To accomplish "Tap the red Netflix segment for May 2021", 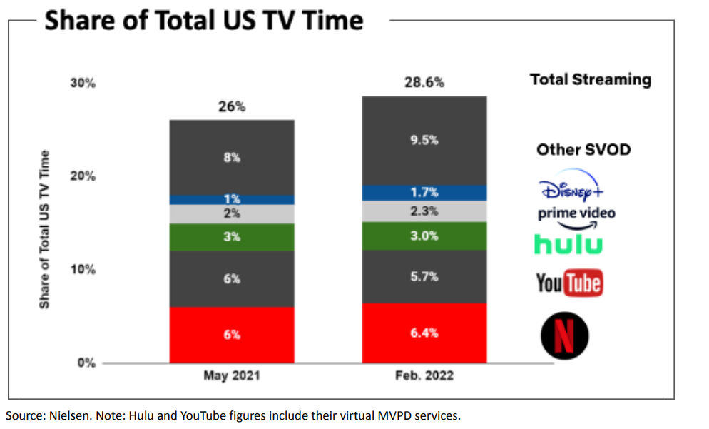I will pyautogui.click(x=232, y=334).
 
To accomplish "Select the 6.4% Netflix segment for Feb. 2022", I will pyautogui.click(x=424, y=333).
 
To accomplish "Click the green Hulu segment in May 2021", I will pyautogui.click(x=232, y=237).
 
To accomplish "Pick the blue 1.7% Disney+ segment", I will pyautogui.click(x=424, y=193).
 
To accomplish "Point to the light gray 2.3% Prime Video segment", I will pyautogui.click(x=424, y=211).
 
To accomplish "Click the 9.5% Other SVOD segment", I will pyautogui.click(x=424, y=141).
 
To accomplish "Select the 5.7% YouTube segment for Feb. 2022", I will pyautogui.click(x=424, y=276).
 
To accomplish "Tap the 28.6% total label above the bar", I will pyautogui.click(x=424, y=82).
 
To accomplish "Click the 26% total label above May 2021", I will pyautogui.click(x=231, y=106).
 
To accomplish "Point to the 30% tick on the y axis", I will pyautogui.click(x=83, y=83).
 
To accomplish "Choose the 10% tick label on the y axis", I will pyautogui.click(x=83, y=270).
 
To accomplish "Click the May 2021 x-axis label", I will pyautogui.click(x=231, y=376).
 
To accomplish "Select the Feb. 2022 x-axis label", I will pyautogui.click(x=424, y=376).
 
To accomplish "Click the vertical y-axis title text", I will pyautogui.click(x=45, y=228).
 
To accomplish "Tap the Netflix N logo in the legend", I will pyautogui.click(x=564, y=335).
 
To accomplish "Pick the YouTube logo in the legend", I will pyautogui.click(x=569, y=283).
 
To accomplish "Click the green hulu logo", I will pyautogui.click(x=568, y=244).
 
